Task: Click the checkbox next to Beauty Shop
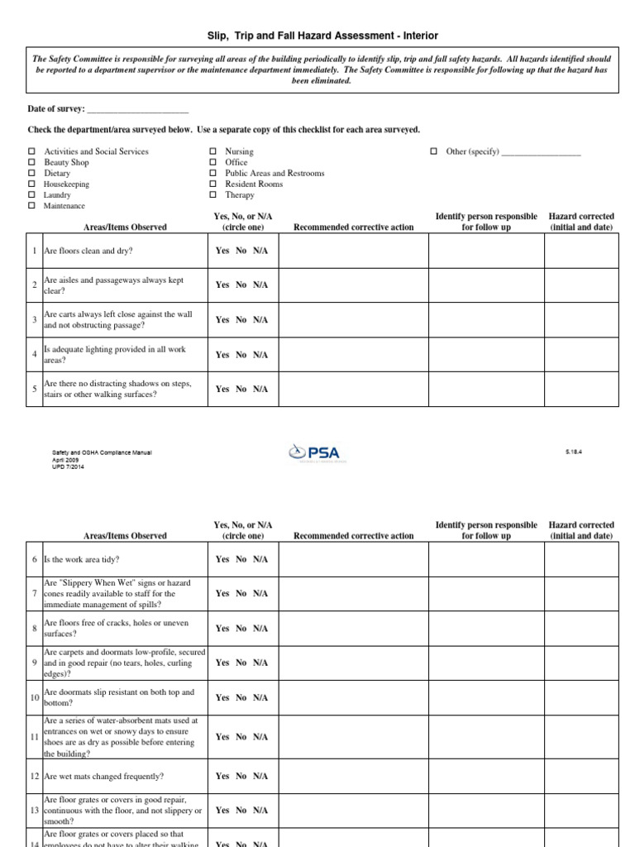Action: click(31, 163)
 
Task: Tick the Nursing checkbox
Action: click(212, 152)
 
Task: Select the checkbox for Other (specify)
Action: click(433, 152)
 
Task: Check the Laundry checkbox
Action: click(31, 195)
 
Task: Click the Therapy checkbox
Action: click(212, 195)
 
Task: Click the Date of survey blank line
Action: click(137, 109)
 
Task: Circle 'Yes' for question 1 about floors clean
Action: click(222, 251)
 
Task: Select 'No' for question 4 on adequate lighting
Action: click(241, 355)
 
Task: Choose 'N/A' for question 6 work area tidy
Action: click(260, 559)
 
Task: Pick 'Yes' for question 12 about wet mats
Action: click(222, 776)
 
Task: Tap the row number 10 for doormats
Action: click(35, 697)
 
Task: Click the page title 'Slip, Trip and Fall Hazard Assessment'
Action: click(322, 36)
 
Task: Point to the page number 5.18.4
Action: click(573, 452)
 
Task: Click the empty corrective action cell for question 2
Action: click(353, 285)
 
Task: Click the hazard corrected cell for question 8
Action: click(580, 629)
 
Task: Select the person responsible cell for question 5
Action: click(485, 389)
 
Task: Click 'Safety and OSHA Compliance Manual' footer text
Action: click(103, 452)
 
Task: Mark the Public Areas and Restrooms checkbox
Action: click(212, 174)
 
